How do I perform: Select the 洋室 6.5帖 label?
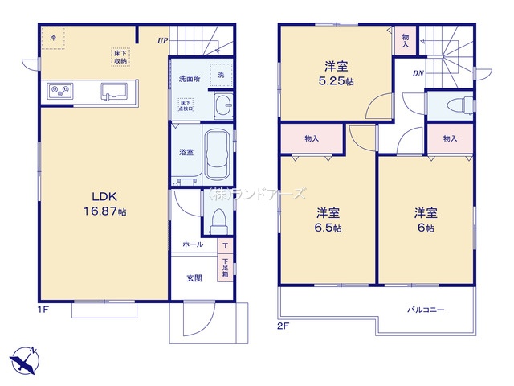point(327,220)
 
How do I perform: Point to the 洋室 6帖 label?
point(425,220)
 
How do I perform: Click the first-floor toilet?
point(216,218)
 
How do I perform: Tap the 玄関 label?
point(194,278)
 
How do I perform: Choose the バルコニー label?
point(425,310)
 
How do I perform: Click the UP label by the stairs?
point(163,39)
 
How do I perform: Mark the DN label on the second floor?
point(418,75)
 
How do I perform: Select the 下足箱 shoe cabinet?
point(225,265)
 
